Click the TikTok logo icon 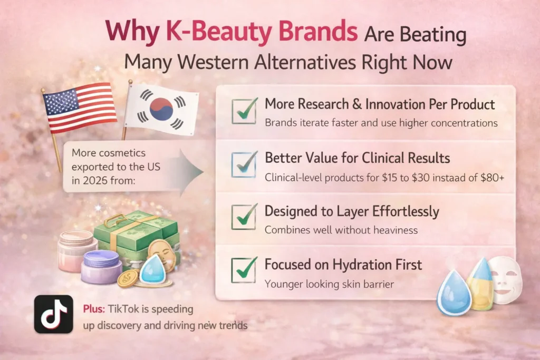tap(53, 314)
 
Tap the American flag tap(79, 108)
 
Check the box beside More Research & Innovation tap(244, 111)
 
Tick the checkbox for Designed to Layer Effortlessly tap(244, 217)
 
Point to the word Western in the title tap(206, 62)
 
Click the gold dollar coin tap(128, 278)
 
